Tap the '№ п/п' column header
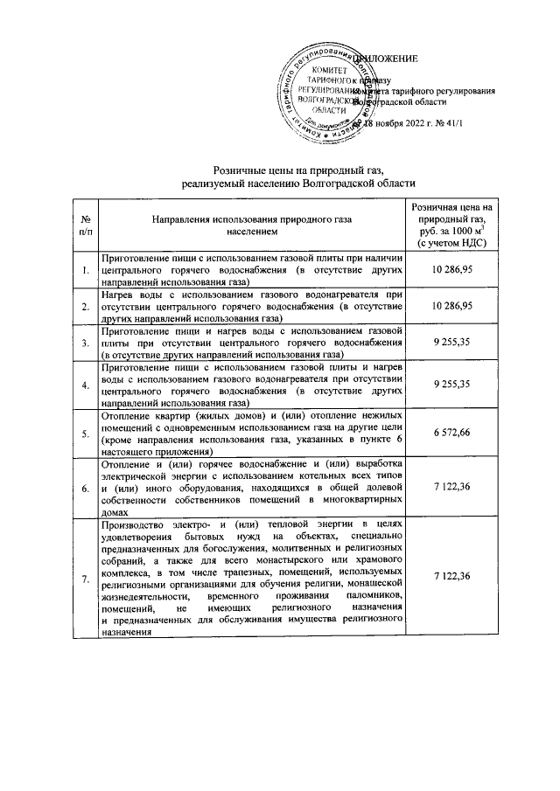coord(84,225)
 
